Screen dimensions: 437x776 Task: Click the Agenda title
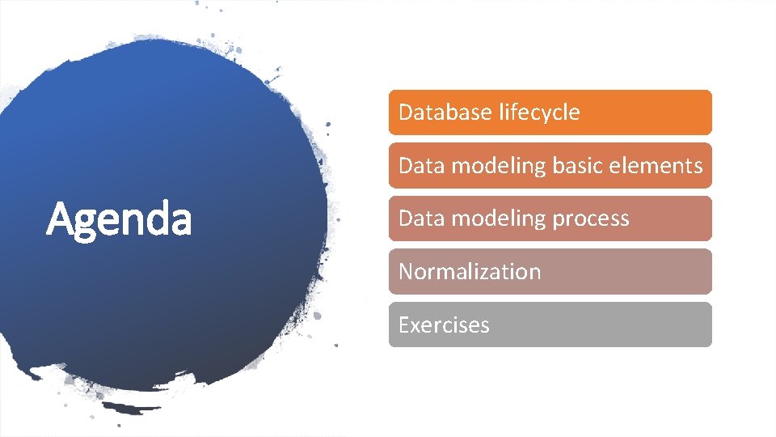[x=119, y=219]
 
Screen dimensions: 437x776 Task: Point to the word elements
[x=657, y=165]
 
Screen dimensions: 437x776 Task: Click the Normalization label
[x=470, y=271]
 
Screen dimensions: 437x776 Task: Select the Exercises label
[x=444, y=325]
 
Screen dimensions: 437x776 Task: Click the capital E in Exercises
[x=404, y=325]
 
